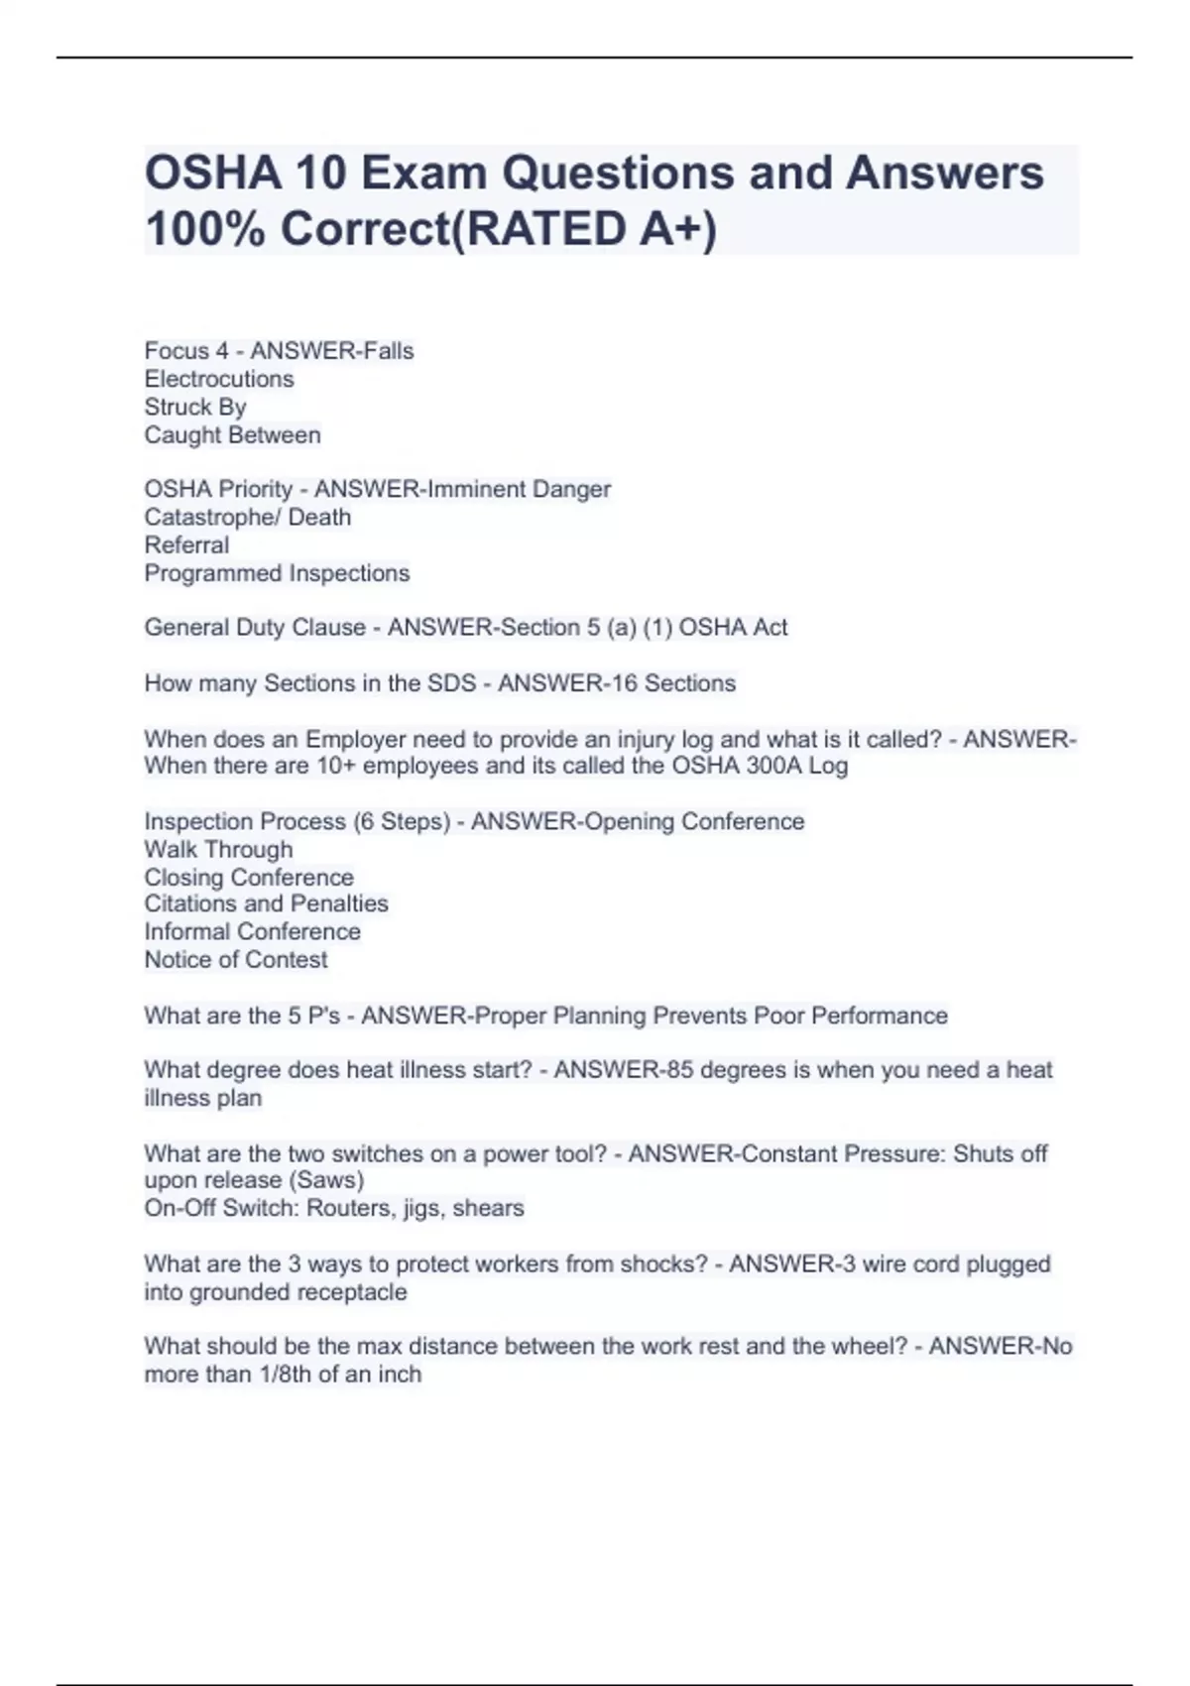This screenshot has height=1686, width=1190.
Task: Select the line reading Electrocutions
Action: click(219, 379)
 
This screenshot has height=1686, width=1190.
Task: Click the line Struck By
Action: click(195, 407)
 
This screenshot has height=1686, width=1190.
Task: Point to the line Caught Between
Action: click(232, 435)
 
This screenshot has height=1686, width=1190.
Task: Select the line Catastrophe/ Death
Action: click(247, 517)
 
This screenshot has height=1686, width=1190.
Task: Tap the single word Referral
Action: click(186, 544)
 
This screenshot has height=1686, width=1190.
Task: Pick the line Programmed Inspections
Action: click(277, 573)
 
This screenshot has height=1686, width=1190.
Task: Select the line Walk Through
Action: click(218, 850)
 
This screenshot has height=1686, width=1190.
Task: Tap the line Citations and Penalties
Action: click(266, 903)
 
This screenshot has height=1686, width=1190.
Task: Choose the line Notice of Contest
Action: click(235, 960)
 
